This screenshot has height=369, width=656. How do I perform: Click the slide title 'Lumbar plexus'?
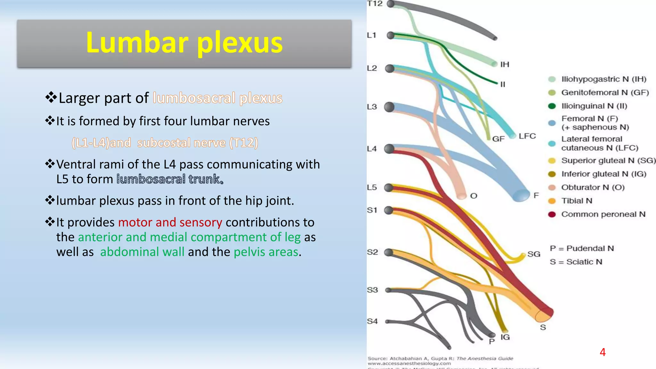tap(184, 43)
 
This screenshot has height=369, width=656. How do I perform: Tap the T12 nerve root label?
tap(375, 4)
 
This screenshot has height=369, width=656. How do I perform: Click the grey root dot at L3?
tap(389, 107)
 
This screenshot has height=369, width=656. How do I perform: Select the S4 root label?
tap(372, 321)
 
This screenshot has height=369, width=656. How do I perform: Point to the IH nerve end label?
tap(505, 64)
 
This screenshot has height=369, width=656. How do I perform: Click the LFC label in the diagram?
tap(527, 136)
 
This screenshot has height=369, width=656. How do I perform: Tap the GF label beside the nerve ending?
tap(498, 139)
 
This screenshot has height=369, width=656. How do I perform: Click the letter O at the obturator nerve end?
tap(474, 196)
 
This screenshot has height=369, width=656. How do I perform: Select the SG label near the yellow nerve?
tap(534, 254)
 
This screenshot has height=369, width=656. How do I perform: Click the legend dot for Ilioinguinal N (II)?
tap(552, 106)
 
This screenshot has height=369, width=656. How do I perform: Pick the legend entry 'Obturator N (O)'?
tap(593, 187)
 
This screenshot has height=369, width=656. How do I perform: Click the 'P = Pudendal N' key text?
tap(582, 249)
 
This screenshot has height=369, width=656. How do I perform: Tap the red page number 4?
tap(603, 352)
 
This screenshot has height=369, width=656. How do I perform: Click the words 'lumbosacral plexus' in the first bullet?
tap(217, 98)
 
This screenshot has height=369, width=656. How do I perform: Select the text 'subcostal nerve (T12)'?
tap(198, 143)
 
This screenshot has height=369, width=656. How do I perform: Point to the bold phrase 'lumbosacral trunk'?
tap(170, 179)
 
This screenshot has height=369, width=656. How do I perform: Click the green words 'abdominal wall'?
tap(142, 252)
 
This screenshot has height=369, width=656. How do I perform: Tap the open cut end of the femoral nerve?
tap(521, 195)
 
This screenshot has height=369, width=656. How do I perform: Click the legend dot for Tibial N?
tap(552, 201)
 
